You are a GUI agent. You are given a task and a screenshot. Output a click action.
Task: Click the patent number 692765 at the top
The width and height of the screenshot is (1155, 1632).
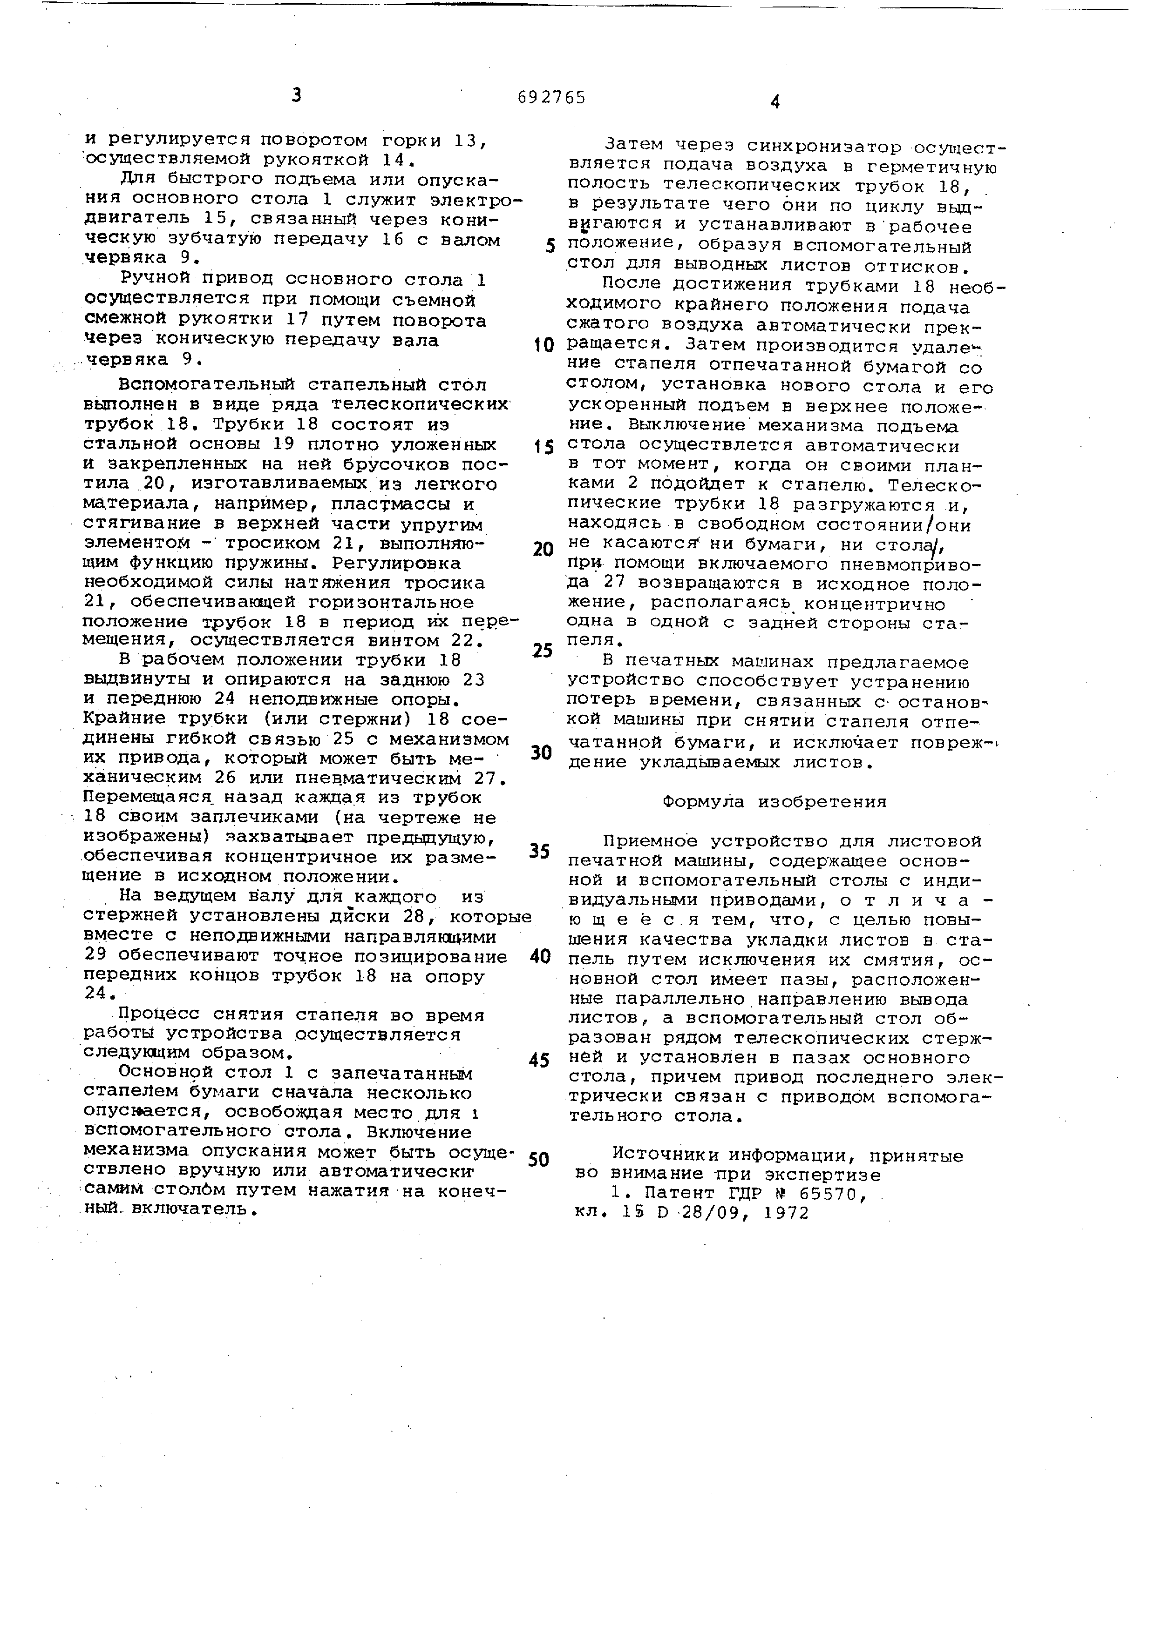552,97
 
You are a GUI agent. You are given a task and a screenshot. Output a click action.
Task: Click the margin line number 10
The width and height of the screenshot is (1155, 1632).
544,345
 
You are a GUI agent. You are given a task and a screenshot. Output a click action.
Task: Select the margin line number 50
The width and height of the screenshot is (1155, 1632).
540,1160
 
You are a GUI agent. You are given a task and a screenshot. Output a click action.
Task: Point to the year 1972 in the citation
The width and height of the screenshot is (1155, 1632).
787,1213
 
